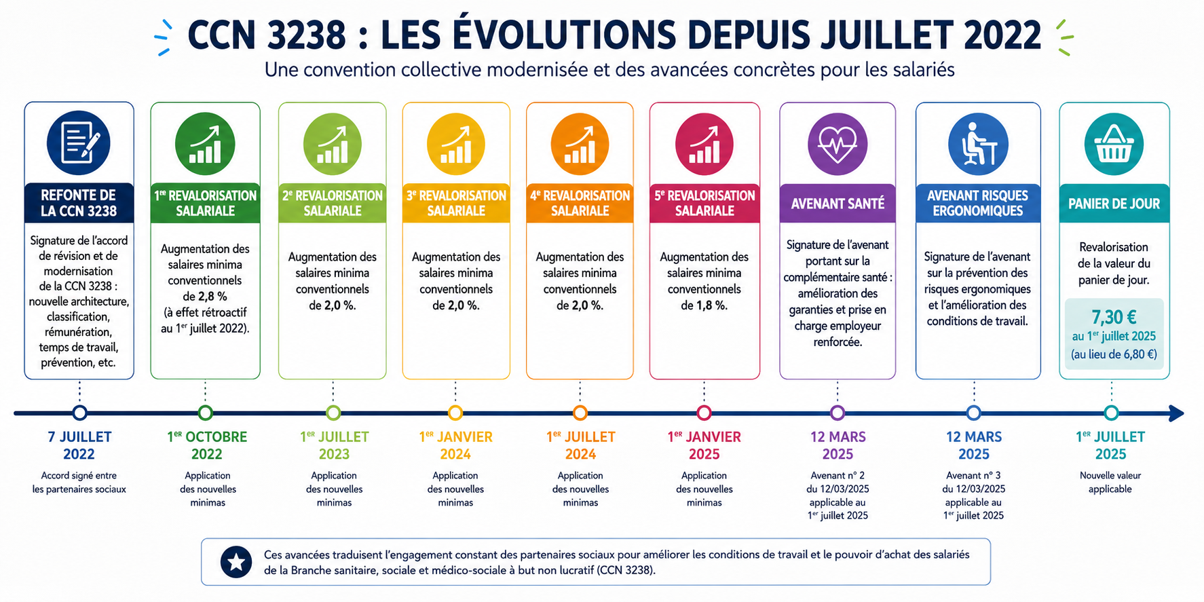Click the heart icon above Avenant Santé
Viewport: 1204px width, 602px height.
[838, 144]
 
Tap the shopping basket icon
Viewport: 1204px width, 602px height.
[1114, 145]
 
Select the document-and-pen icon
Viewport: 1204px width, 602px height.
[79, 143]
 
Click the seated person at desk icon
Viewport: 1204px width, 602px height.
[978, 144]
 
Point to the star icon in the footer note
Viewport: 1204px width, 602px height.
[236, 562]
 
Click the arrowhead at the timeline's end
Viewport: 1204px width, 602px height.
[1178, 413]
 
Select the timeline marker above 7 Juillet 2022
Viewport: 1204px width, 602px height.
[79, 413]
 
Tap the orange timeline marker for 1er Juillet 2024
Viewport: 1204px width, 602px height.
[580, 413]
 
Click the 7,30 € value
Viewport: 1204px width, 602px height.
[1114, 317]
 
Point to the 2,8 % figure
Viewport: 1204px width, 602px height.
[212, 297]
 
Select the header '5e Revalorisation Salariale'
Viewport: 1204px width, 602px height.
[704, 203]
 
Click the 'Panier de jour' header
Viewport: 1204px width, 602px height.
[1114, 204]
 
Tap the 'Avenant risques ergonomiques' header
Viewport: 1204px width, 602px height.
[977, 203]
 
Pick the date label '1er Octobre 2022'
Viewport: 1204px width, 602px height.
[207, 445]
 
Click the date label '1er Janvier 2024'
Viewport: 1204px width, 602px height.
[455, 445]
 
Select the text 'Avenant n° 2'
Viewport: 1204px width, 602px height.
[838, 476]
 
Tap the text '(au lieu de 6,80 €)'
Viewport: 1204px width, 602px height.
[1114, 354]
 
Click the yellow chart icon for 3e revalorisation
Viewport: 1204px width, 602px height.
[456, 144]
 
